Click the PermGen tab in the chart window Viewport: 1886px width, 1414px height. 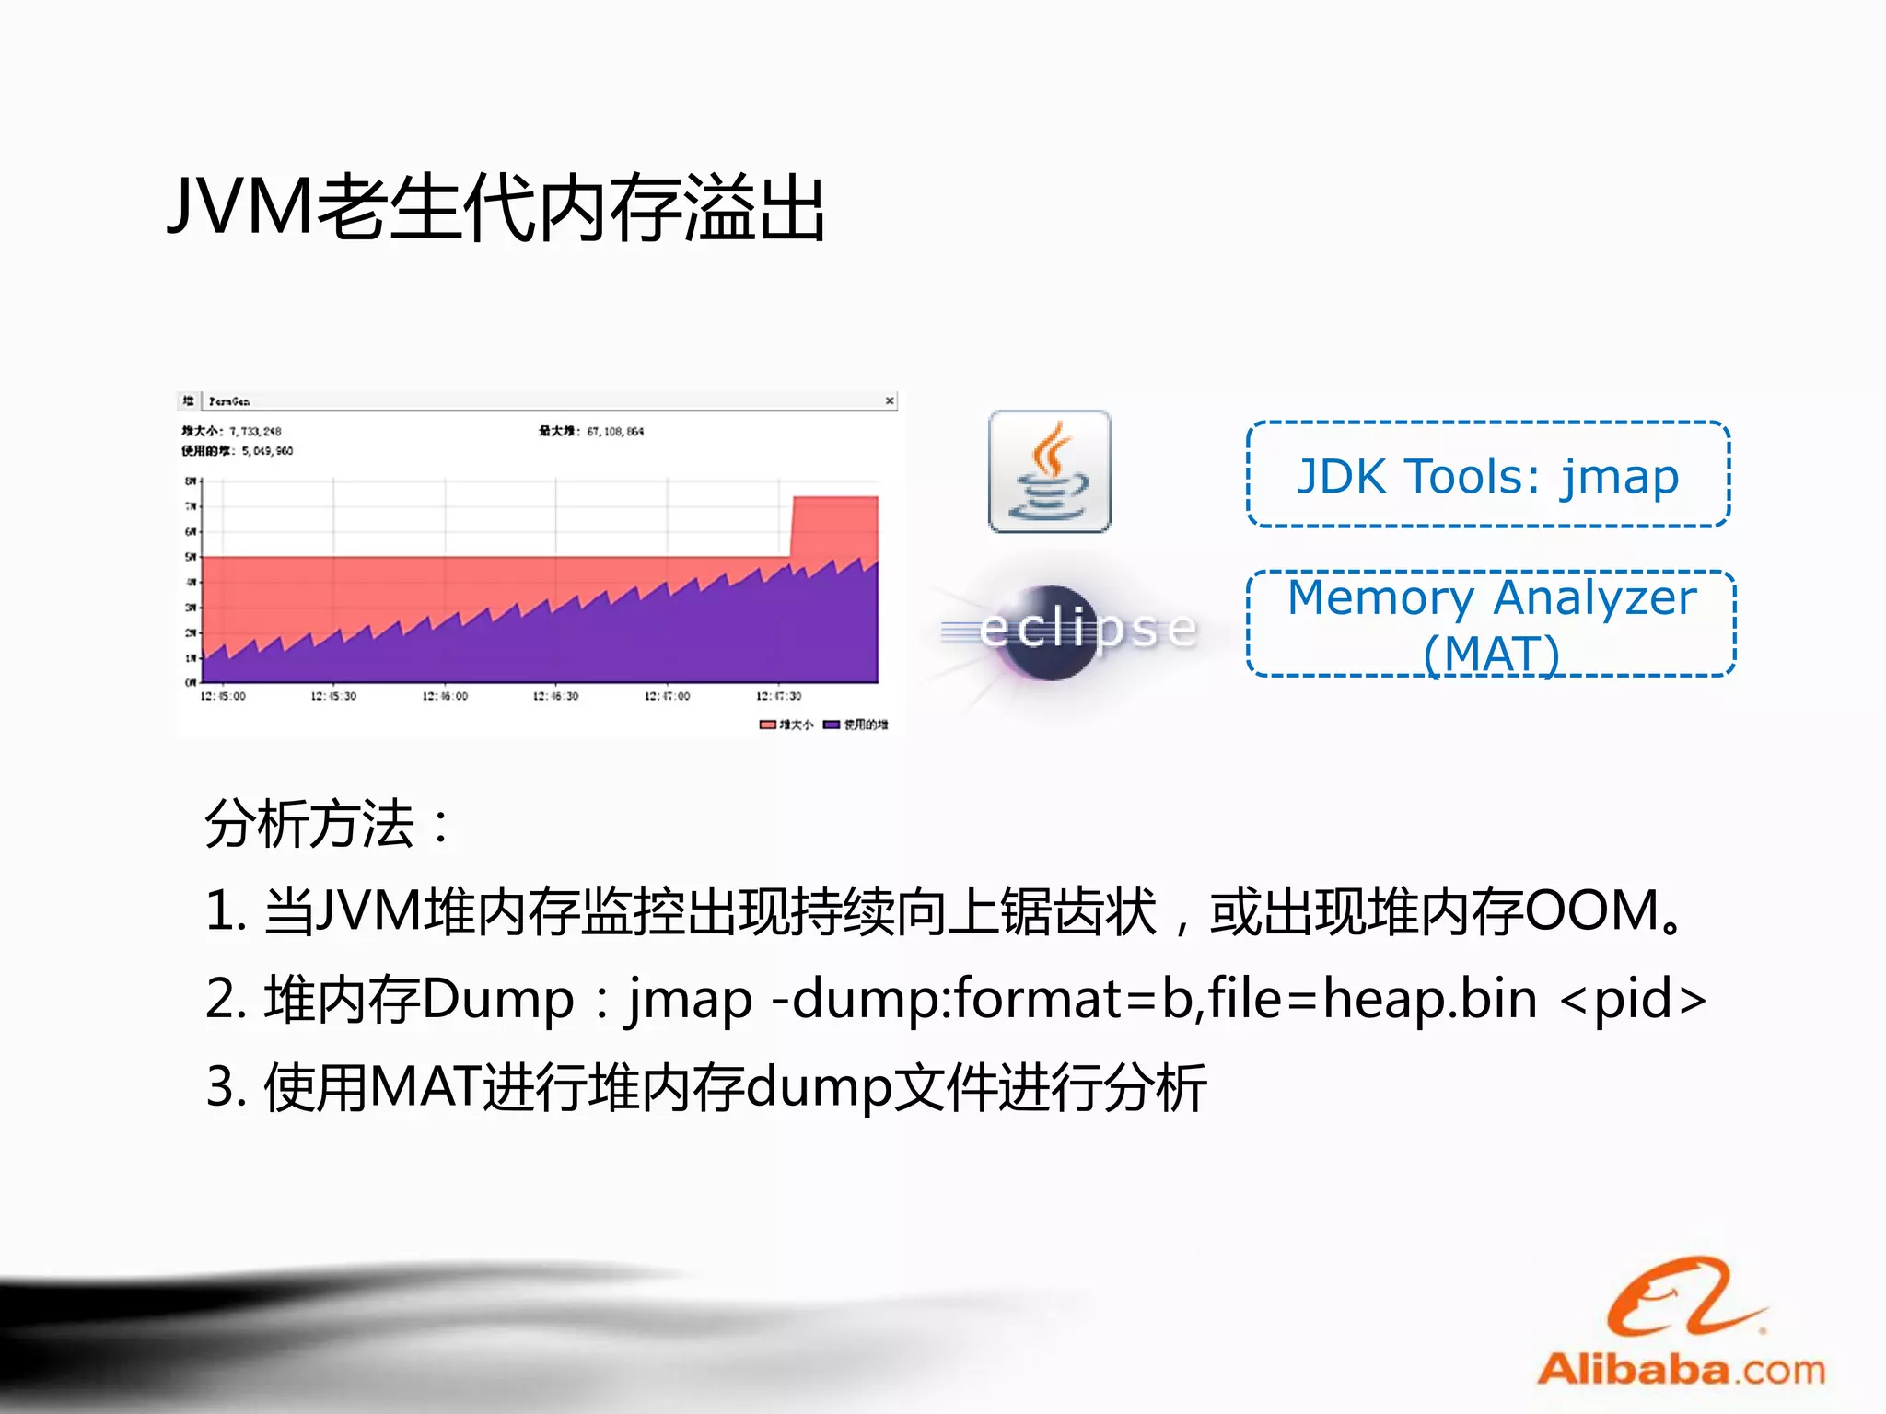(228, 401)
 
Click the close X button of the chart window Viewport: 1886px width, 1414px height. (890, 400)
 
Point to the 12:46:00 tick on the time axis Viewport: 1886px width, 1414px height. (445, 696)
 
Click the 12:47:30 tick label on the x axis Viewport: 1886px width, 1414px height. (779, 696)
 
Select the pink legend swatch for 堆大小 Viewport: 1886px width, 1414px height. (767, 724)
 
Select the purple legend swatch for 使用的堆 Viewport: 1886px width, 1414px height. (832, 724)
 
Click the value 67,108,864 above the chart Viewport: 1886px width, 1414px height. (615, 431)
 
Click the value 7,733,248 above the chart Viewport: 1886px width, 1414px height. (256, 431)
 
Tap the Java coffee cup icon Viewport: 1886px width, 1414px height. (1050, 471)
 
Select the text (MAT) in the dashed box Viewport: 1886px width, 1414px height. (1491, 655)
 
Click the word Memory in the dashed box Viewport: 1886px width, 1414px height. (1380, 598)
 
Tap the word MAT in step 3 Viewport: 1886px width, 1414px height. (425, 1088)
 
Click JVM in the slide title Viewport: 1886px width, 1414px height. (241, 208)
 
